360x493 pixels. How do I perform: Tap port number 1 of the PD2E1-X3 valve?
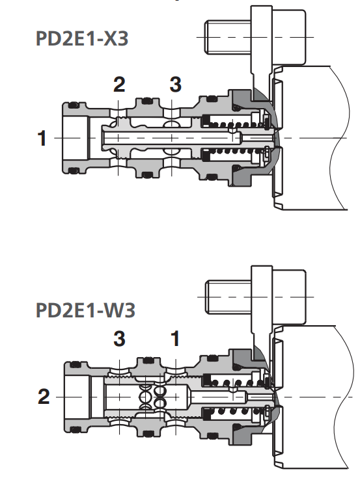click(x=42, y=139)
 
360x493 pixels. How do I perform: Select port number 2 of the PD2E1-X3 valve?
click(x=119, y=84)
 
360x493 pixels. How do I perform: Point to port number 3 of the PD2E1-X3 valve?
click(x=175, y=84)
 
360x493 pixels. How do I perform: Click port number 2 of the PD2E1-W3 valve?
click(x=43, y=396)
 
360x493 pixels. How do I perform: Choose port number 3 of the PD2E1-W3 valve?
click(x=119, y=338)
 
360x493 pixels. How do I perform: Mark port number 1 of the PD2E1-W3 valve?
click(x=174, y=338)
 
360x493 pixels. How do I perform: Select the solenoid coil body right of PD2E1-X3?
click(x=312, y=138)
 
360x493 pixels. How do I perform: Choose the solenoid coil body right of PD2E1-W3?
click(x=312, y=396)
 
